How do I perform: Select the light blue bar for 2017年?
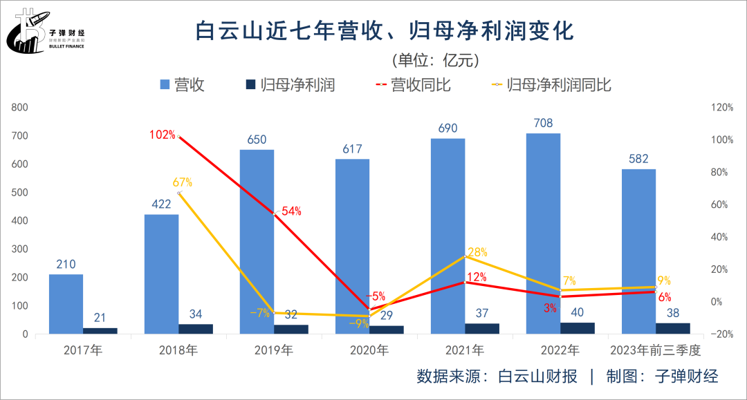coord(66,304)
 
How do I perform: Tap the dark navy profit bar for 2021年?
coord(482,328)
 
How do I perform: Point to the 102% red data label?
coord(163,135)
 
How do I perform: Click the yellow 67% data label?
coord(182,183)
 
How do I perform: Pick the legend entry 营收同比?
coord(413,85)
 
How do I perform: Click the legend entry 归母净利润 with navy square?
coord(290,85)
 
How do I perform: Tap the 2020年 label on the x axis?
coord(369,350)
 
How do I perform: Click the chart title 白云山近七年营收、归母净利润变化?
coord(385,31)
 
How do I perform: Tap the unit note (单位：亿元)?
coord(435,60)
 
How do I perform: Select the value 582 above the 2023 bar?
coord(638,159)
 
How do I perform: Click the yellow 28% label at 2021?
coord(477,252)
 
